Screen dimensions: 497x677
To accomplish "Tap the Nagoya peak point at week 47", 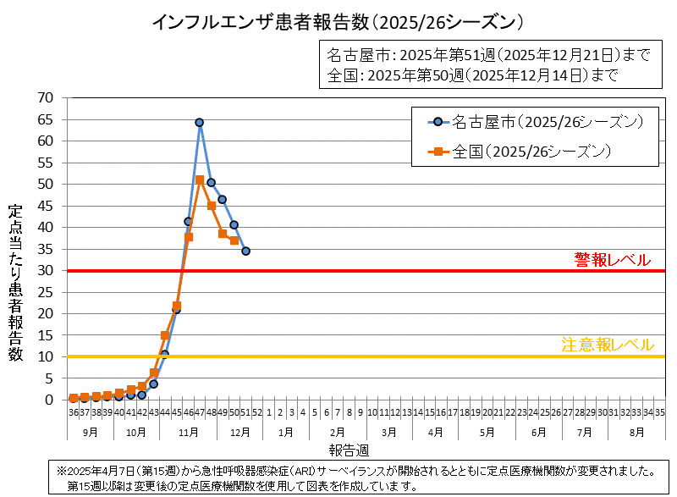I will point(200,123).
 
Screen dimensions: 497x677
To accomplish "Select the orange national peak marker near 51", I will point(200,179).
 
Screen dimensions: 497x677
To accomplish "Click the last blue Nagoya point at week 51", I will point(245,251).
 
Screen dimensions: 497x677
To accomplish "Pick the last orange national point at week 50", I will point(234,240).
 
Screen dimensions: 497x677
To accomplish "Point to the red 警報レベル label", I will point(612,259).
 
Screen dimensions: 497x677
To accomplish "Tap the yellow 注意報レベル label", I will point(607,345).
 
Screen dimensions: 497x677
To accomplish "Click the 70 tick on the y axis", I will point(46,98).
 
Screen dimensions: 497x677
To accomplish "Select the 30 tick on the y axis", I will point(46,271).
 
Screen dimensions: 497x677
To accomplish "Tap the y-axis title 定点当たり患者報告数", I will point(15,283).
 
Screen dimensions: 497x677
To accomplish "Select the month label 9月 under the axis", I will point(90,431).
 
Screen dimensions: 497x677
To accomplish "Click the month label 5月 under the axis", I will point(487,431).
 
